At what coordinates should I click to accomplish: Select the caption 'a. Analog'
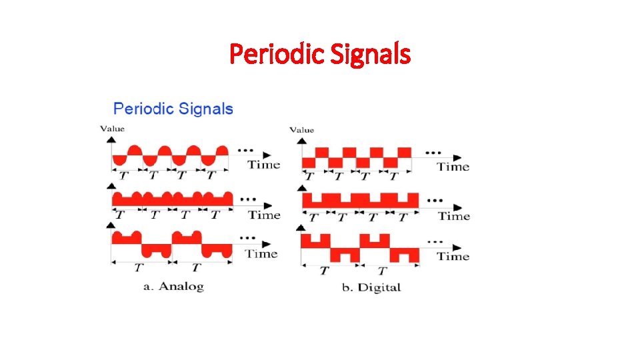[x=174, y=287]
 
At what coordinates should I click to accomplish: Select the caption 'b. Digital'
[x=370, y=288]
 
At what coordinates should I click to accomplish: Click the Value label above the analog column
[x=112, y=129]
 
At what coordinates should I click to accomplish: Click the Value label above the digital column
[x=302, y=129]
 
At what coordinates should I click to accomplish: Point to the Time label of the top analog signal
[x=264, y=165]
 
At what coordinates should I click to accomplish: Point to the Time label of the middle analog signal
[x=264, y=215]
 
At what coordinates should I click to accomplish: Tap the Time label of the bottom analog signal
[x=261, y=253]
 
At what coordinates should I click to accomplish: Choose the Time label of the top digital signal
[x=453, y=167]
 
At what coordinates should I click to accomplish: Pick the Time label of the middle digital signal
[x=454, y=216]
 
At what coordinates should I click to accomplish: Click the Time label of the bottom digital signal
[x=453, y=257]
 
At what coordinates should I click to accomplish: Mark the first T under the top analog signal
[x=124, y=176]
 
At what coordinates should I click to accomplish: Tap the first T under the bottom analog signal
[x=139, y=268]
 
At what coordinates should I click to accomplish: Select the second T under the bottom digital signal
[x=382, y=271]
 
